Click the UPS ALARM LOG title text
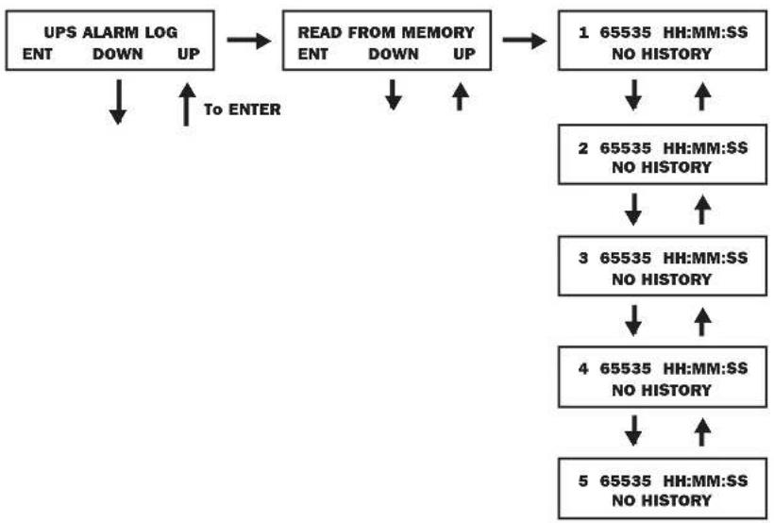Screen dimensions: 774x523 tap(110, 33)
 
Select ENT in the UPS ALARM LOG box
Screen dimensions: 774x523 tap(38, 54)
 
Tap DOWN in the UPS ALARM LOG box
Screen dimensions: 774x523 tap(117, 54)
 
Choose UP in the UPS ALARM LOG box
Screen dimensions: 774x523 tap(189, 54)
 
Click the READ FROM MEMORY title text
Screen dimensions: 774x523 tap(386, 33)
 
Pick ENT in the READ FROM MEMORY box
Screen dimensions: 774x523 tap(313, 54)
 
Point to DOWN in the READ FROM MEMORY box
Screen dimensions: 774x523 tap(394, 54)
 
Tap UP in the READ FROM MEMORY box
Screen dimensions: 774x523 tap(464, 54)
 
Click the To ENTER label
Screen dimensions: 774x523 tap(243, 110)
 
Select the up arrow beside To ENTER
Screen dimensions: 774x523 tap(186, 104)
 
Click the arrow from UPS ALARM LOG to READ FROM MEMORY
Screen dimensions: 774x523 tap(249, 40)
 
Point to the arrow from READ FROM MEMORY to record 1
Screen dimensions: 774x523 tap(525, 40)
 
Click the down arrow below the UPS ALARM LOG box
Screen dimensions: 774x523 tap(117, 102)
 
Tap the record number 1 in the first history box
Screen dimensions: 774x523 tap(583, 33)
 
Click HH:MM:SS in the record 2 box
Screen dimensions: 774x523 tap(705, 147)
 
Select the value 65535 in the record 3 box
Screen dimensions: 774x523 tap(626, 258)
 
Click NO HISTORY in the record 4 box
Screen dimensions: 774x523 tap(662, 390)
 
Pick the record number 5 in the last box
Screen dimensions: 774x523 tap(583, 481)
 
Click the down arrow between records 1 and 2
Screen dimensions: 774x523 tap(633, 95)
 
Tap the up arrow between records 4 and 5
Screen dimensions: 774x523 tap(702, 432)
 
